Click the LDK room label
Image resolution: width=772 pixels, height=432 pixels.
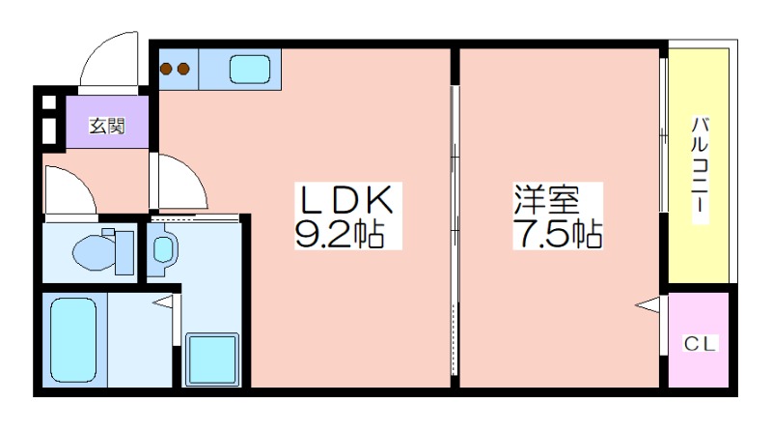(x=347, y=200)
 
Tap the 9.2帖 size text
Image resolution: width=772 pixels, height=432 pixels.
(x=340, y=232)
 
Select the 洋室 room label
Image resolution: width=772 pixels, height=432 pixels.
(x=547, y=199)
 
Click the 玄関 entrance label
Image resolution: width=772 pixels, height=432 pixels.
(x=107, y=126)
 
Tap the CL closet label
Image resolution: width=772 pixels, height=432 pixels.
(x=699, y=343)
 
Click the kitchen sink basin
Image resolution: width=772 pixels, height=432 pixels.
(x=250, y=69)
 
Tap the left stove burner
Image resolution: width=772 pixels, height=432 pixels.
(x=166, y=69)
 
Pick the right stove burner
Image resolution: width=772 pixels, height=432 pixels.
(x=183, y=69)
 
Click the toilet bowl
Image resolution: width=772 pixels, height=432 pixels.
(x=94, y=252)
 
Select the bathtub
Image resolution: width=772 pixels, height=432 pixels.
(x=73, y=340)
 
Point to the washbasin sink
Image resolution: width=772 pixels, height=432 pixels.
(x=162, y=249)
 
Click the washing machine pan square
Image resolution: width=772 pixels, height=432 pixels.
(x=212, y=360)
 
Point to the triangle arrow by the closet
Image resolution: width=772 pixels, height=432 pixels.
(x=648, y=304)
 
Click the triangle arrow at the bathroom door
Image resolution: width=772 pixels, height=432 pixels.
(x=163, y=302)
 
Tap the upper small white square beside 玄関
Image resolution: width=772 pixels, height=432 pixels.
(x=49, y=102)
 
